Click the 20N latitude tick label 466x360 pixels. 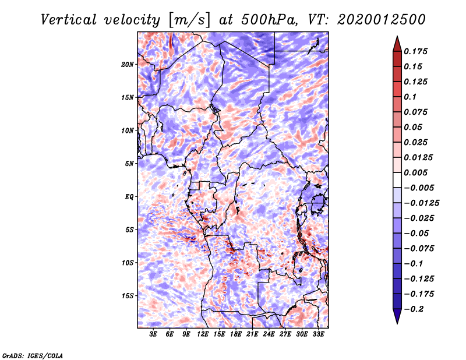128,64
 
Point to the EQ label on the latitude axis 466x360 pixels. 129,196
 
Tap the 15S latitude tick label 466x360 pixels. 128,295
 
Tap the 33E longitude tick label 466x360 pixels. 319,334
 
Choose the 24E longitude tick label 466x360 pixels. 269,334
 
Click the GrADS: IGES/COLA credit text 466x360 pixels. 32,355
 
